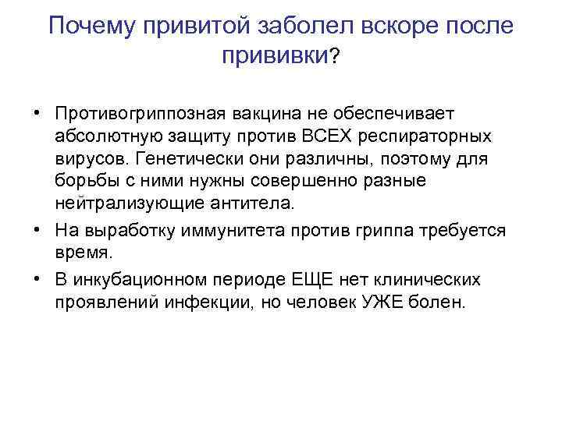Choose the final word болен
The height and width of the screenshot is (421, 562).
pyautogui.click(x=441, y=302)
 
